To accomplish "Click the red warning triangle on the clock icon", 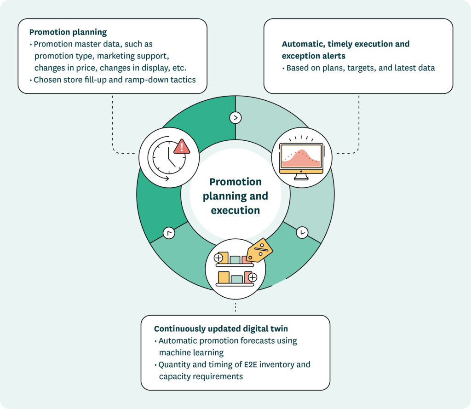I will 182,146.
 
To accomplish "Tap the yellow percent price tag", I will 259,250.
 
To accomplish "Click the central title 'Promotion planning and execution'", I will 235,196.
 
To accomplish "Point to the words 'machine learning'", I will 191,352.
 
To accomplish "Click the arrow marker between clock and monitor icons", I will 235,118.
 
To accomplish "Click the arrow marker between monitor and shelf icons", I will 302,232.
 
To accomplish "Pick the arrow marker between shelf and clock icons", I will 169,233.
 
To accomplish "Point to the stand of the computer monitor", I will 301,176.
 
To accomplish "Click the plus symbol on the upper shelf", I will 218,258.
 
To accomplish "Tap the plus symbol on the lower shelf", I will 253,277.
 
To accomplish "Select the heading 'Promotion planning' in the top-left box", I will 68,32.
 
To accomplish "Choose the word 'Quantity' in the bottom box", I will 173,364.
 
